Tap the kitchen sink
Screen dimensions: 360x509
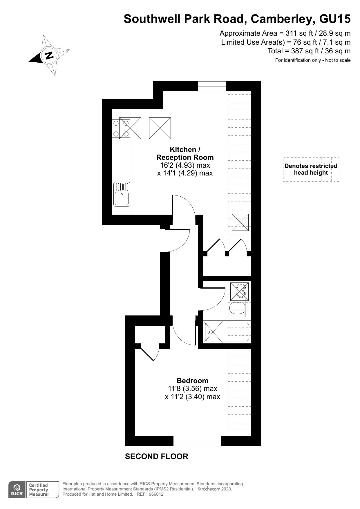(122, 194)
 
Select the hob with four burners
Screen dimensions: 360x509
(121, 128)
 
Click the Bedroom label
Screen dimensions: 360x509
(192, 381)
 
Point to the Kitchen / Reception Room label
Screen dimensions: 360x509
(185, 153)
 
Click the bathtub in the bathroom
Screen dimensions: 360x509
(227, 332)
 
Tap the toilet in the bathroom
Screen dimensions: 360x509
(237, 309)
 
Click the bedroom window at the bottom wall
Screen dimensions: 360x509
(197, 441)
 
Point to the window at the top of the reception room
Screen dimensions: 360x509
(212, 86)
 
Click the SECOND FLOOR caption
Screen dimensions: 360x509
(156, 457)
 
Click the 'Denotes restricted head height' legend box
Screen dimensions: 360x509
(311, 169)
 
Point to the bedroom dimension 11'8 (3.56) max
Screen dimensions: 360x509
(192, 388)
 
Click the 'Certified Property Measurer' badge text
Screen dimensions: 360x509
(39, 490)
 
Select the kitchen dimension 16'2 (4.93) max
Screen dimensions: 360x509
(185, 165)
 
